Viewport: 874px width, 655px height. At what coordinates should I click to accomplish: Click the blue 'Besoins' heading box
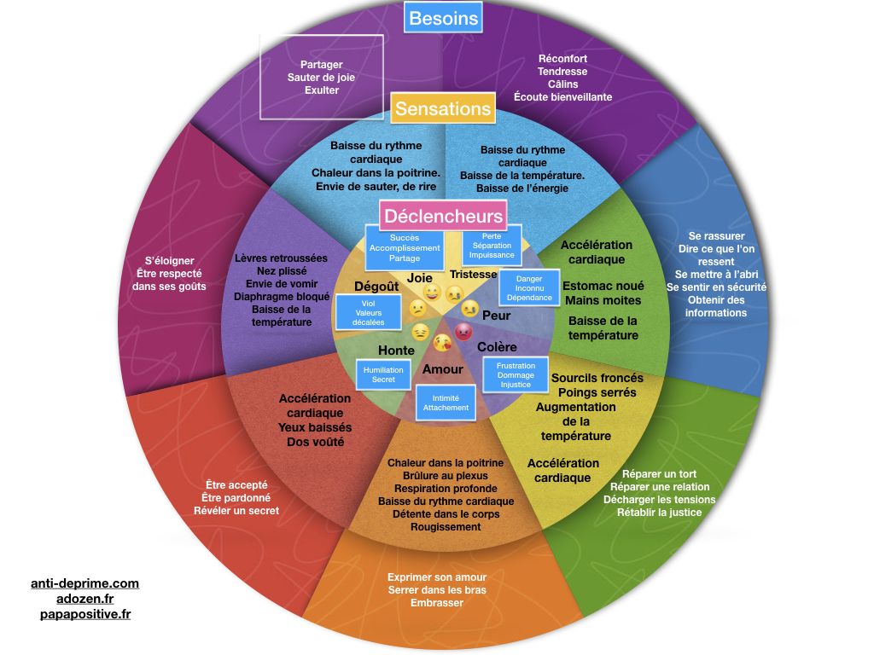(444, 18)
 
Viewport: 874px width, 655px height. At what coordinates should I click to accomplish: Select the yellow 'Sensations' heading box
(443, 108)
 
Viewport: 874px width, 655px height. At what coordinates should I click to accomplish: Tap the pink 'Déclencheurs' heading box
(443, 217)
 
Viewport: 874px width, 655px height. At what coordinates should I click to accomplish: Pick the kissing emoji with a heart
(441, 343)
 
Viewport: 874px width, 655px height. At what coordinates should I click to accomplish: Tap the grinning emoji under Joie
(432, 293)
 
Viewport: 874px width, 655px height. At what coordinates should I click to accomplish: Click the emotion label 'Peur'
(497, 316)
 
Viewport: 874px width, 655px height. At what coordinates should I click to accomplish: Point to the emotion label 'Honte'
(396, 351)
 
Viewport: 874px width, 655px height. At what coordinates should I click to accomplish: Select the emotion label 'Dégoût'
(376, 287)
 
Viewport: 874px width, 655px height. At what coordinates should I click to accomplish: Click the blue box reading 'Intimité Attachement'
(446, 403)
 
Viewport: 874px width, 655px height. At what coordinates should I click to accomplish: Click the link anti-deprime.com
(84, 583)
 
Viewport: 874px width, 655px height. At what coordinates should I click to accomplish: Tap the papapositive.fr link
(84, 614)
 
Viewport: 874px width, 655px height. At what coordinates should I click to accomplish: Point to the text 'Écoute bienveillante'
(562, 97)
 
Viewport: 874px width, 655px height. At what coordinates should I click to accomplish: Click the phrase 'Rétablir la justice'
(659, 513)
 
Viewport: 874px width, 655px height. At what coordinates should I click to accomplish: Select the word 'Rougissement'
(446, 527)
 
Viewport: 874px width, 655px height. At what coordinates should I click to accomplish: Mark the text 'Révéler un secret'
(236, 511)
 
